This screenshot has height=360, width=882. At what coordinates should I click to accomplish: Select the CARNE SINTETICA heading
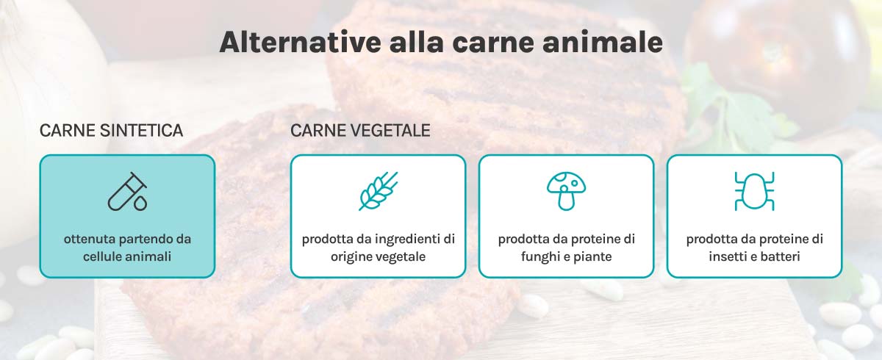coord(111,131)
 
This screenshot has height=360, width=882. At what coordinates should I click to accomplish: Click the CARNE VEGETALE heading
coord(360,131)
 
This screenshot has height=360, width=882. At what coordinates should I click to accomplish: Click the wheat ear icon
coord(378,191)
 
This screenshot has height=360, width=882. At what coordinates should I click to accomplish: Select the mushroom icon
coord(566,190)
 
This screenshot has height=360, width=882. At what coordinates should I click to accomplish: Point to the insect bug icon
coord(754,191)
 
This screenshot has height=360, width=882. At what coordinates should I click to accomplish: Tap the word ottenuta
coord(89,239)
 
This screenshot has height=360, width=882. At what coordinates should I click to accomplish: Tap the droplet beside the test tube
coord(140,201)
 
